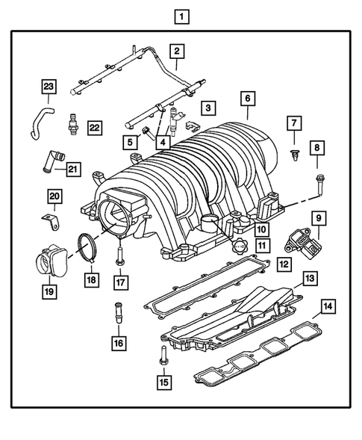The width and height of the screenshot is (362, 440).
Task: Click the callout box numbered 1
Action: coord(180,15)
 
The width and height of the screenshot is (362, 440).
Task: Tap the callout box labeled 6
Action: coord(247,98)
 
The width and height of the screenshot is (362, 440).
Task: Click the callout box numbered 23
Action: coord(49,87)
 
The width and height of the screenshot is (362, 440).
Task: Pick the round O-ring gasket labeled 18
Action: coord(89,247)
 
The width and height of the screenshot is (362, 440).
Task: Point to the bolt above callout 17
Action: coord(118,255)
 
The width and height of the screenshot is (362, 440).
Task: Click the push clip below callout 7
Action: coord(293,155)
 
